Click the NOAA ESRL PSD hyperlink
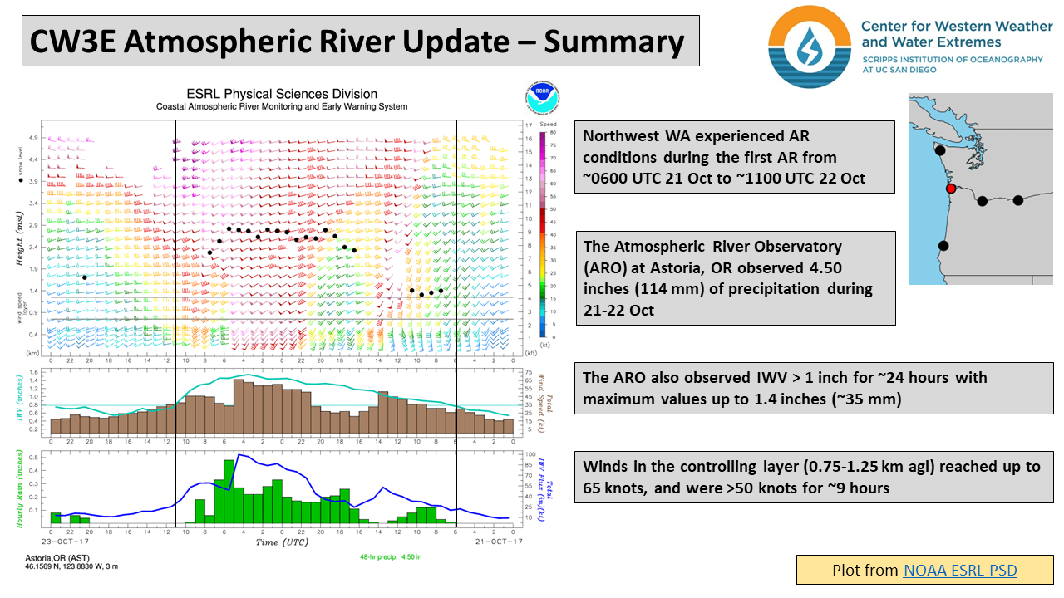coord(959,570)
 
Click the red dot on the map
coord(951,189)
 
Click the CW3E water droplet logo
coord(809,47)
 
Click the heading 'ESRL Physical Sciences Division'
coord(282,94)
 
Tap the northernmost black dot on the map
coord(940,151)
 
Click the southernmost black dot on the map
coord(943,245)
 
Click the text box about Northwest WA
coord(734,157)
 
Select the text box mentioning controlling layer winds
coord(814,478)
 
